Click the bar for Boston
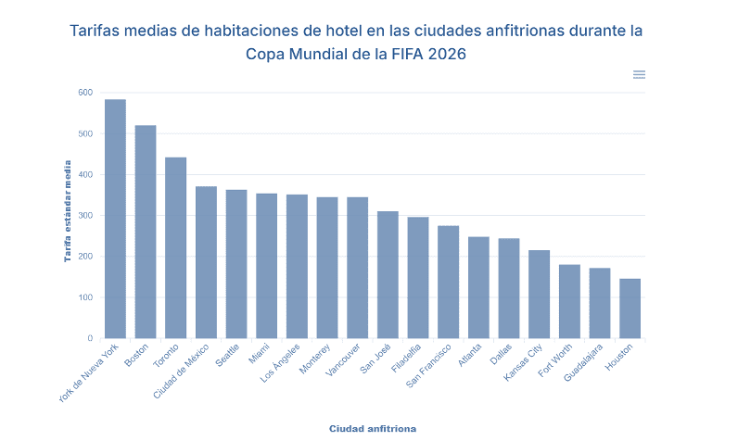(x=146, y=232)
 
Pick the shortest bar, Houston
(x=630, y=309)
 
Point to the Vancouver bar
(x=358, y=268)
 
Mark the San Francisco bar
(x=449, y=282)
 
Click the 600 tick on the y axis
(x=85, y=93)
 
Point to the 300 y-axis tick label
(x=85, y=216)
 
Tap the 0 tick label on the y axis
(x=90, y=338)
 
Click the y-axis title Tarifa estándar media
(x=67, y=210)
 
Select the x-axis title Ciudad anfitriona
(x=373, y=429)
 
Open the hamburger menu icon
(x=640, y=74)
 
